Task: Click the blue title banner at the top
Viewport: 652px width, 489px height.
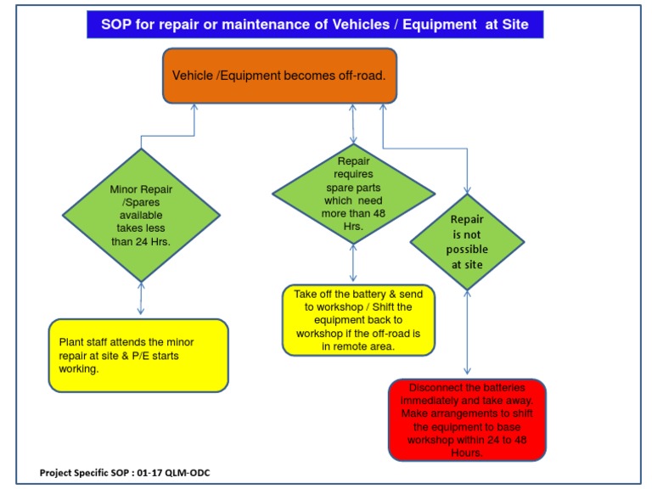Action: click(314, 25)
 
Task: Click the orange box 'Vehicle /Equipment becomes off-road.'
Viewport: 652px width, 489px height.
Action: click(279, 76)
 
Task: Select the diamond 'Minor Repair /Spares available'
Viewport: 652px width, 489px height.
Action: click(142, 215)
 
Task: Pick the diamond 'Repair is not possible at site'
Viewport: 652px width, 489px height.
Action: click(467, 241)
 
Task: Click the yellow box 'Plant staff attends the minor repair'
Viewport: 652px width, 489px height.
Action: click(138, 355)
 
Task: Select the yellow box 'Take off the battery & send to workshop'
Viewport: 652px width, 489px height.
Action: click(357, 320)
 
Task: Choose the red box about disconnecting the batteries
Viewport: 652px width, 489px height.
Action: click(466, 419)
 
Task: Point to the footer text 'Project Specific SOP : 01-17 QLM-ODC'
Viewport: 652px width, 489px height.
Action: click(125, 472)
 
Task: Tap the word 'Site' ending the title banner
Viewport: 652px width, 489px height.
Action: click(513, 25)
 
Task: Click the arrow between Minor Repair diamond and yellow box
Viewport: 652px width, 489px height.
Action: click(141, 301)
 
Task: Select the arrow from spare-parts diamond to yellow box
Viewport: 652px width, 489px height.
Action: click(352, 264)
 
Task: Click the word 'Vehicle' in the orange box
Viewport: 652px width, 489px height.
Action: click(193, 76)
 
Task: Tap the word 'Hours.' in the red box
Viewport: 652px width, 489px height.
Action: click(466, 453)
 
